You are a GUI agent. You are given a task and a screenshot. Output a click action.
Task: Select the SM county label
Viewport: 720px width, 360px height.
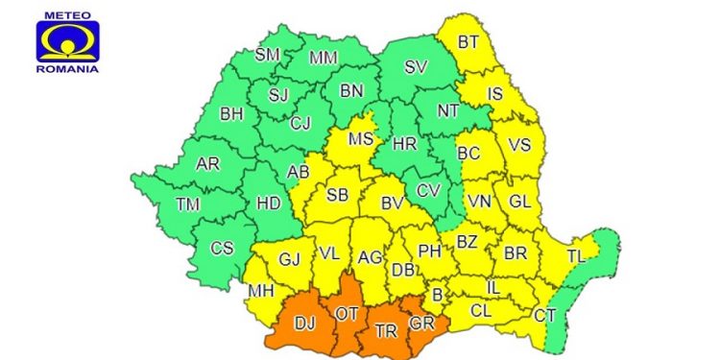coord(267,55)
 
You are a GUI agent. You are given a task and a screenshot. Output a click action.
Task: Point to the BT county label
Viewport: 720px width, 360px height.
coord(468,42)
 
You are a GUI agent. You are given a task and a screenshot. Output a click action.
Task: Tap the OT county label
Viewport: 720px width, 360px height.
coord(347,313)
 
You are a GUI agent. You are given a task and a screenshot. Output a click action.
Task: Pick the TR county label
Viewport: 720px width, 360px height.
coord(385,329)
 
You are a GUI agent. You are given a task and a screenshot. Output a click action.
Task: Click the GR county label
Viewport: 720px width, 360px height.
coord(421,324)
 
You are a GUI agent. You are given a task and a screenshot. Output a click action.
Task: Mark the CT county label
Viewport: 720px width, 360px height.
coord(544,315)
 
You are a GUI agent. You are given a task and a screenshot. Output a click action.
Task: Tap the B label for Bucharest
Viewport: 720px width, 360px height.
coord(438,295)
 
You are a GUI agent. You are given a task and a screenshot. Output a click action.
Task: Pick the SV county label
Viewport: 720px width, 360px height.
coord(416,67)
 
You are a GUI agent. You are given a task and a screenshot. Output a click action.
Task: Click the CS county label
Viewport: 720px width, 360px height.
coord(222,248)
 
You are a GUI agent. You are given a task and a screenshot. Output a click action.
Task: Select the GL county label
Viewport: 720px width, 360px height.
coord(519,202)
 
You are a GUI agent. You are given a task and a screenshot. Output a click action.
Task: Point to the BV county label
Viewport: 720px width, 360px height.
coord(392,204)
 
